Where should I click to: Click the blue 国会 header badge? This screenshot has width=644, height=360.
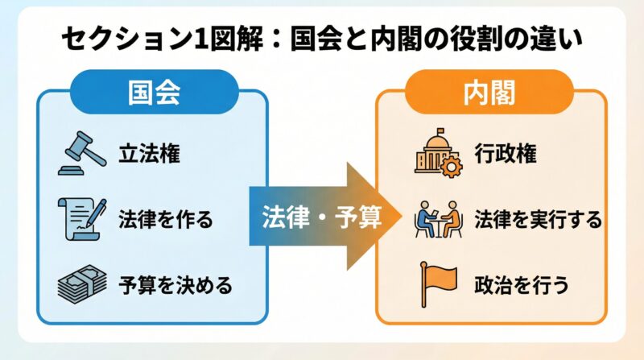(x=153, y=92)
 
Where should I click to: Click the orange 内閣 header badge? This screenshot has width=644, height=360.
(x=490, y=92)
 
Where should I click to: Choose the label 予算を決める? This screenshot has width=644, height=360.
(x=175, y=284)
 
